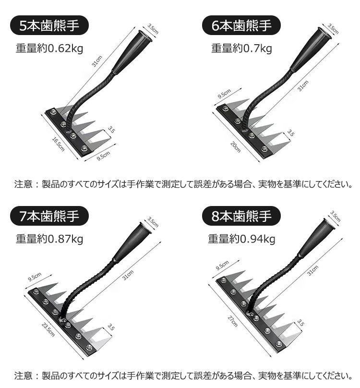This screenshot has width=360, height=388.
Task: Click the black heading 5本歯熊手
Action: [46, 25]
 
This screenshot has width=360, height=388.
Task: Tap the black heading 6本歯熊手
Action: [242, 25]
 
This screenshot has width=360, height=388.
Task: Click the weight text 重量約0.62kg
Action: [47, 48]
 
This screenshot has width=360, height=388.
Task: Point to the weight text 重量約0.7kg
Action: [241, 48]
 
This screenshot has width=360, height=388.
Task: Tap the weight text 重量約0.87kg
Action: [49, 239]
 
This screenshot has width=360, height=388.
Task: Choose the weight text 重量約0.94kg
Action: [241, 239]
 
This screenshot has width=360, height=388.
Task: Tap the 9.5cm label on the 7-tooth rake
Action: [34, 278]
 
